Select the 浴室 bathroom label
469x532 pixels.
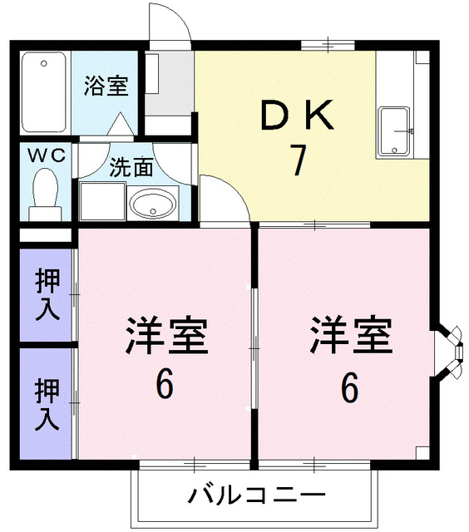pos(106,86)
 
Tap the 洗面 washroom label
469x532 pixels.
pos(131,166)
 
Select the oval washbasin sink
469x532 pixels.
pos(153,202)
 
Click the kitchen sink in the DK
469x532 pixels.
pos(396,132)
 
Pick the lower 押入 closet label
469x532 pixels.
pos(47,402)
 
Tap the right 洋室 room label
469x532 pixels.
pos(350,337)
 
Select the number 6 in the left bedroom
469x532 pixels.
pos(165,384)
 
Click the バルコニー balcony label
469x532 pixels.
pos(255,497)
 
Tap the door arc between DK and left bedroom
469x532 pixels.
pos(223,198)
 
